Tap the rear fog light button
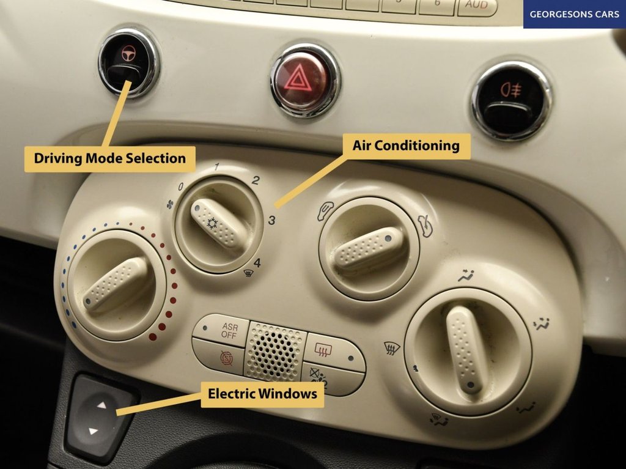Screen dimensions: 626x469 click(512, 100)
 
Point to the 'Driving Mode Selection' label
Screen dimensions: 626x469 click(110, 158)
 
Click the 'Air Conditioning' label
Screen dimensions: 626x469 click(406, 146)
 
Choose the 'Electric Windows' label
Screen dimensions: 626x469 click(262, 394)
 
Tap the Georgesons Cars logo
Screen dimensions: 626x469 click(575, 15)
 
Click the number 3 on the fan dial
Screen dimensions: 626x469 click(272, 220)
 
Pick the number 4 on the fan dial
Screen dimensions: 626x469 click(257, 263)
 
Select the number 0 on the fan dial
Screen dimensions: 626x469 click(181, 186)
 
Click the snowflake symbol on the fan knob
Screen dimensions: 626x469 click(212, 223)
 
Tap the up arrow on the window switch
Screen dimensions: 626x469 click(102, 405)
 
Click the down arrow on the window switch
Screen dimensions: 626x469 click(94, 431)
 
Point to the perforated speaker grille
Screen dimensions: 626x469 click(274, 351)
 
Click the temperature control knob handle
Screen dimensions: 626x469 click(116, 283)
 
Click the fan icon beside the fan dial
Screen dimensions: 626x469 click(170, 205)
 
